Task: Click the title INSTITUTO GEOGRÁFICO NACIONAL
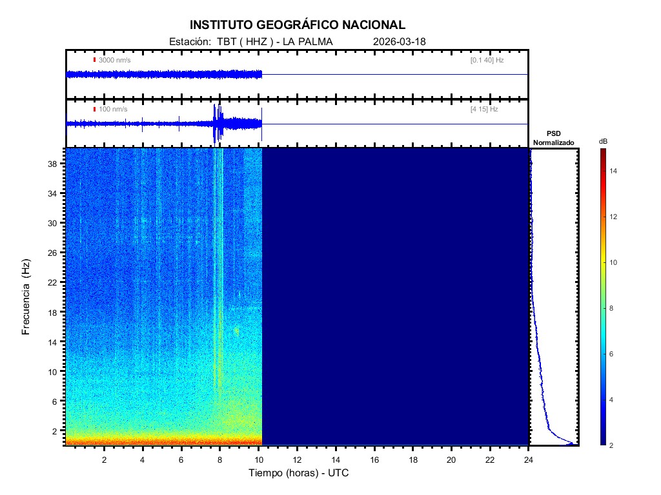click(298, 25)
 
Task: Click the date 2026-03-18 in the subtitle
click(400, 42)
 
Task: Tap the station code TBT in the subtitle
click(226, 42)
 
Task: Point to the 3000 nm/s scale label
click(115, 60)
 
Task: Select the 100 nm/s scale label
click(113, 110)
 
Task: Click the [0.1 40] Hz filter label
click(487, 60)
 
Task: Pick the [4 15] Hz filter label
click(484, 110)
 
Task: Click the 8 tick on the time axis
click(220, 460)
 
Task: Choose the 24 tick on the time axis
click(529, 460)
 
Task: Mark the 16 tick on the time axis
click(374, 460)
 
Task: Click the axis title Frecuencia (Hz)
click(26, 296)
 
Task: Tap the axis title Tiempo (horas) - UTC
click(299, 473)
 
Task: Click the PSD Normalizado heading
click(553, 138)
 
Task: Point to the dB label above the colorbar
click(603, 141)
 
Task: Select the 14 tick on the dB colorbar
click(615, 171)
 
